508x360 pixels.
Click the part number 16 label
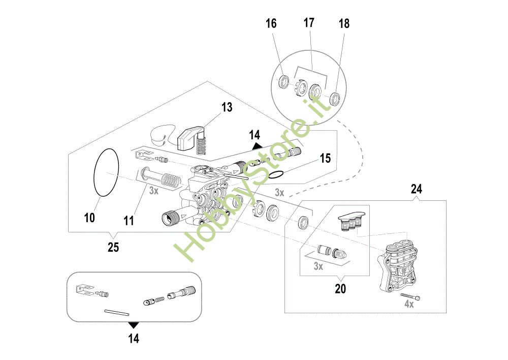pos(271,23)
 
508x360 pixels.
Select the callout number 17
pos(309,23)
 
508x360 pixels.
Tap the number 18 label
pos(344,23)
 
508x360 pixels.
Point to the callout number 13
pos(227,107)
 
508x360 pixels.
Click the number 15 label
pos(325,158)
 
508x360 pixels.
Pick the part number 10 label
pos(89,218)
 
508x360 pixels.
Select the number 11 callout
pos(129,221)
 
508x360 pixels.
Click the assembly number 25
pos(113,248)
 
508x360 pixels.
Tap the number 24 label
pos(417,189)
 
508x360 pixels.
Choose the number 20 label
pos(340,288)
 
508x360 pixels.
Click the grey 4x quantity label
pos(409,304)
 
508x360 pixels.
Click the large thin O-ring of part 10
pos(94,172)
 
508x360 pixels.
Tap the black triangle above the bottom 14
pos(134,325)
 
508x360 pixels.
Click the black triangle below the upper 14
pos(257,146)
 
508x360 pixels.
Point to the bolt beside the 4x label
pos(410,296)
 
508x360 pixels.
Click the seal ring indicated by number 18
pos(335,99)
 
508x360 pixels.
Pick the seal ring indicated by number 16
pos(284,81)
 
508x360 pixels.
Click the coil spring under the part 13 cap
pos(201,144)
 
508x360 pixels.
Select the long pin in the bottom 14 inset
pos(117,313)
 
